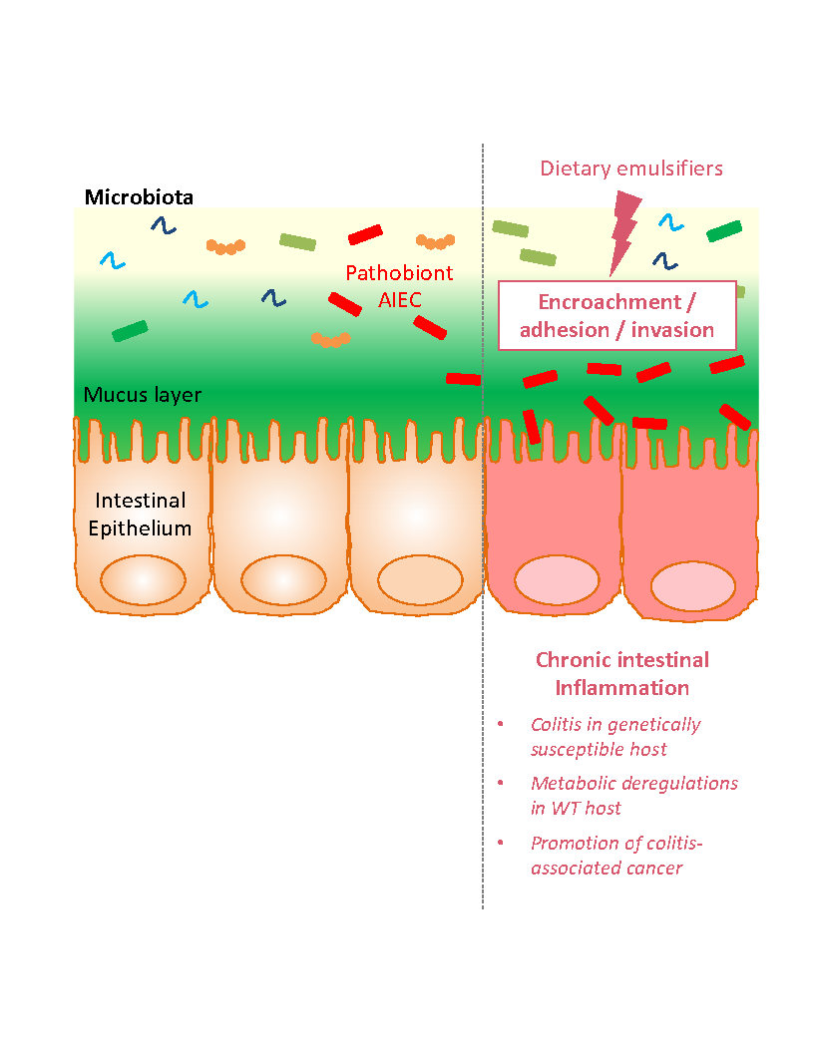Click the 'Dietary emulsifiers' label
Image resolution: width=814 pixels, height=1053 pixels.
pyautogui.click(x=631, y=169)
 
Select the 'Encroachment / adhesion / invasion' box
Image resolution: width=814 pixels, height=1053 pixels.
pyautogui.click(x=616, y=315)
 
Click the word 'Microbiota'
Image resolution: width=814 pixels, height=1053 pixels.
pyautogui.click(x=139, y=196)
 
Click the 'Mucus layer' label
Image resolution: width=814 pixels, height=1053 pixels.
pyautogui.click(x=143, y=395)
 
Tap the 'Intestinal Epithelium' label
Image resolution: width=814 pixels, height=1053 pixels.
pyautogui.click(x=140, y=514)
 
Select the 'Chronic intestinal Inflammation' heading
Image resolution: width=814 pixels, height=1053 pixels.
pyautogui.click(x=622, y=673)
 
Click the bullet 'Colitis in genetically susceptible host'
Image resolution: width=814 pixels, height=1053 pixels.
pyautogui.click(x=614, y=736)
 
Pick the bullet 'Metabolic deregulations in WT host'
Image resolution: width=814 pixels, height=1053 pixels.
pyautogui.click(x=633, y=794)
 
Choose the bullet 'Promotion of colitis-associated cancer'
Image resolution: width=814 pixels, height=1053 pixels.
pyautogui.click(x=616, y=855)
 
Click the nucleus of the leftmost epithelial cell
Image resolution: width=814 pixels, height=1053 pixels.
pyautogui.click(x=142, y=579)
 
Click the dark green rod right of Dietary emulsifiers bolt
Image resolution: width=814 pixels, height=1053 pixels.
pyautogui.click(x=724, y=231)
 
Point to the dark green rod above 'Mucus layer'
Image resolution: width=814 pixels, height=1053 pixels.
pyautogui.click(x=130, y=331)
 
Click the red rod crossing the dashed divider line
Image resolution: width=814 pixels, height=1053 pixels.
pyautogui.click(x=463, y=379)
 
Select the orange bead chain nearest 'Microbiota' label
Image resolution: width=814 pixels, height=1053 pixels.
pyautogui.click(x=226, y=245)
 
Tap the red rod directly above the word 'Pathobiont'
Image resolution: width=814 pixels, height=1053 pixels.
pyautogui.click(x=365, y=234)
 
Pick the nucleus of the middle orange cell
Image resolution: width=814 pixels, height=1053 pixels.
pyautogui.click(x=283, y=579)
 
